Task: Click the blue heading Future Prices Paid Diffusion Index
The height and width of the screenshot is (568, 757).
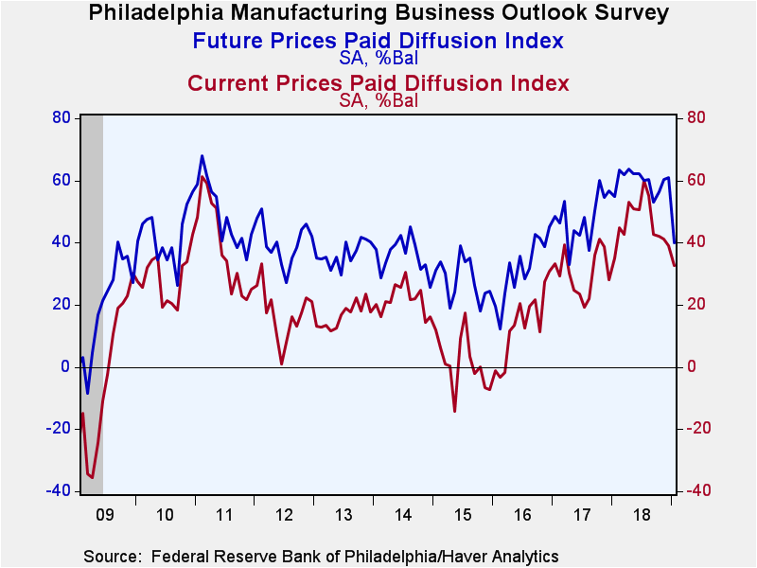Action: pyautogui.click(x=378, y=41)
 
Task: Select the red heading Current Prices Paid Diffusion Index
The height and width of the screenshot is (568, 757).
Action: pyautogui.click(x=378, y=83)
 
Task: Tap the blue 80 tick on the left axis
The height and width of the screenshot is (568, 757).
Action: pyautogui.click(x=62, y=117)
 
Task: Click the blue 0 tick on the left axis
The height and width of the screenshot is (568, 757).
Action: pyautogui.click(x=65, y=366)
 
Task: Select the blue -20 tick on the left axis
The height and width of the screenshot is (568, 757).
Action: pyautogui.click(x=58, y=429)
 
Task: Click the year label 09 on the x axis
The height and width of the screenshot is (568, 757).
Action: pyautogui.click(x=105, y=515)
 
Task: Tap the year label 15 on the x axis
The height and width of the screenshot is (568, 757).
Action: pyautogui.click(x=463, y=515)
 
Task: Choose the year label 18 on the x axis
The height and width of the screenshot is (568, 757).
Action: pyautogui.click(x=642, y=515)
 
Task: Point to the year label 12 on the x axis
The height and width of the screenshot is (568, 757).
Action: pyautogui.click(x=284, y=515)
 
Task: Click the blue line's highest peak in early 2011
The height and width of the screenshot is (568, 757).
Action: pyautogui.click(x=202, y=155)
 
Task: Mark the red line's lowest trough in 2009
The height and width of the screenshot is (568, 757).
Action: pyautogui.click(x=91, y=478)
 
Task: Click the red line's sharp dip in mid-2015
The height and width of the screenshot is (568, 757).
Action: pyautogui.click(x=454, y=412)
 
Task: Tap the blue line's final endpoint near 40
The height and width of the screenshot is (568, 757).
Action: pyautogui.click(x=675, y=242)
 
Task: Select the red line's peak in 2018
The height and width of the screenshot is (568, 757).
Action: pyautogui.click(x=644, y=182)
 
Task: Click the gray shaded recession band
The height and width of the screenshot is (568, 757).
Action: pyautogui.click(x=92, y=304)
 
